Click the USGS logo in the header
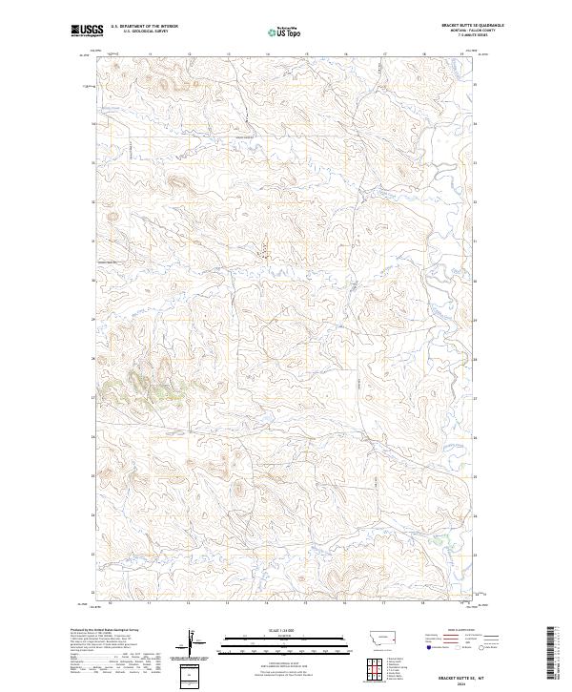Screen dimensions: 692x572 [86, 31]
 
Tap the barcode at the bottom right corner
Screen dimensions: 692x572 [552, 654]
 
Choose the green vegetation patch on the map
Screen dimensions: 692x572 [148, 382]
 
